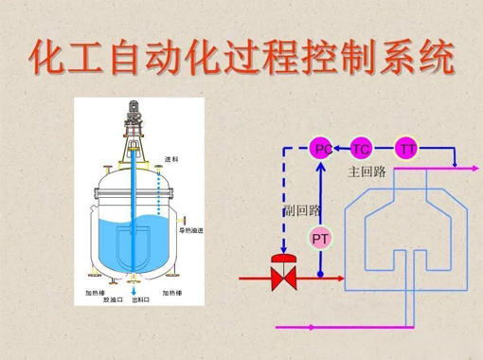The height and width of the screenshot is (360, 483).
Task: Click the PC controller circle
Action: click(x=322, y=149)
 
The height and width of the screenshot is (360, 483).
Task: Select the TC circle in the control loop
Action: click(x=361, y=149)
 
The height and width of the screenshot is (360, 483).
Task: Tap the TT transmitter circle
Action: click(x=407, y=149)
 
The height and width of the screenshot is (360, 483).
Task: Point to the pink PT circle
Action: click(x=320, y=239)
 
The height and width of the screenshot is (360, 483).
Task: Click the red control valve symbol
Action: click(x=281, y=278)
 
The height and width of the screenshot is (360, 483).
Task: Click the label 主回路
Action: click(x=367, y=171)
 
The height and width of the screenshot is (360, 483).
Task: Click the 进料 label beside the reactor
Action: click(x=171, y=158)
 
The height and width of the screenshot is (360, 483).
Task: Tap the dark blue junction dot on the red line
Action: click(x=320, y=278)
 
